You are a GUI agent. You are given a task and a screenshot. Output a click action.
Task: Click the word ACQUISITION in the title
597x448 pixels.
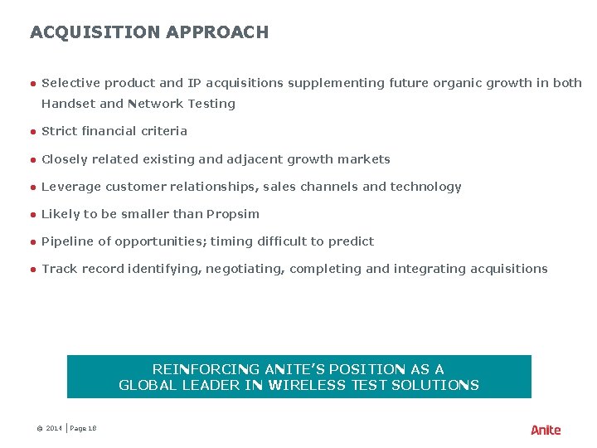click(95, 32)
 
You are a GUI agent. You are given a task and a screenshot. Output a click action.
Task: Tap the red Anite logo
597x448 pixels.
click(546, 430)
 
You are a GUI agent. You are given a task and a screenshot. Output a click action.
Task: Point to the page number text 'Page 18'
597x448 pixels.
click(84, 428)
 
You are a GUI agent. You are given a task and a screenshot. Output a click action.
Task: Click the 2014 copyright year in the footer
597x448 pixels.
click(54, 428)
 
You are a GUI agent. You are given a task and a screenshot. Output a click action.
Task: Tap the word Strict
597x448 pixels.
click(59, 131)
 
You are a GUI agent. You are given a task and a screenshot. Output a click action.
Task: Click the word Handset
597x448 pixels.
click(69, 104)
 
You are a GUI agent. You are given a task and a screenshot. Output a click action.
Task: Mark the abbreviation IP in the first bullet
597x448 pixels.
click(195, 83)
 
